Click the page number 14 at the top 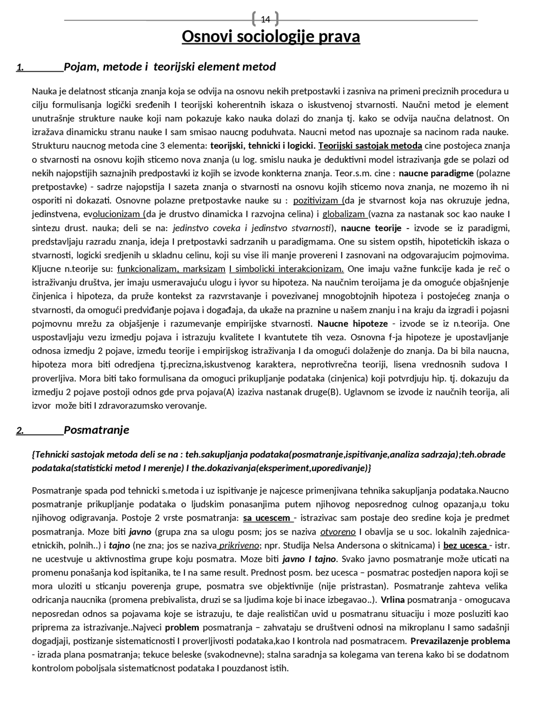click(x=265, y=19)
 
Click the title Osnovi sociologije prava click(x=271, y=37)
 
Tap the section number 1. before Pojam click(x=20, y=67)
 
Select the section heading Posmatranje click(x=97, y=431)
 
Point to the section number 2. click(x=20, y=431)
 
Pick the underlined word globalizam click(x=344, y=214)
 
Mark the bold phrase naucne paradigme click(x=436, y=173)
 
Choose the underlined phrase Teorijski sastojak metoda click(x=370, y=146)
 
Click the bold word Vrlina click(x=393, y=600)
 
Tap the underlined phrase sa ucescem click(x=267, y=518)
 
